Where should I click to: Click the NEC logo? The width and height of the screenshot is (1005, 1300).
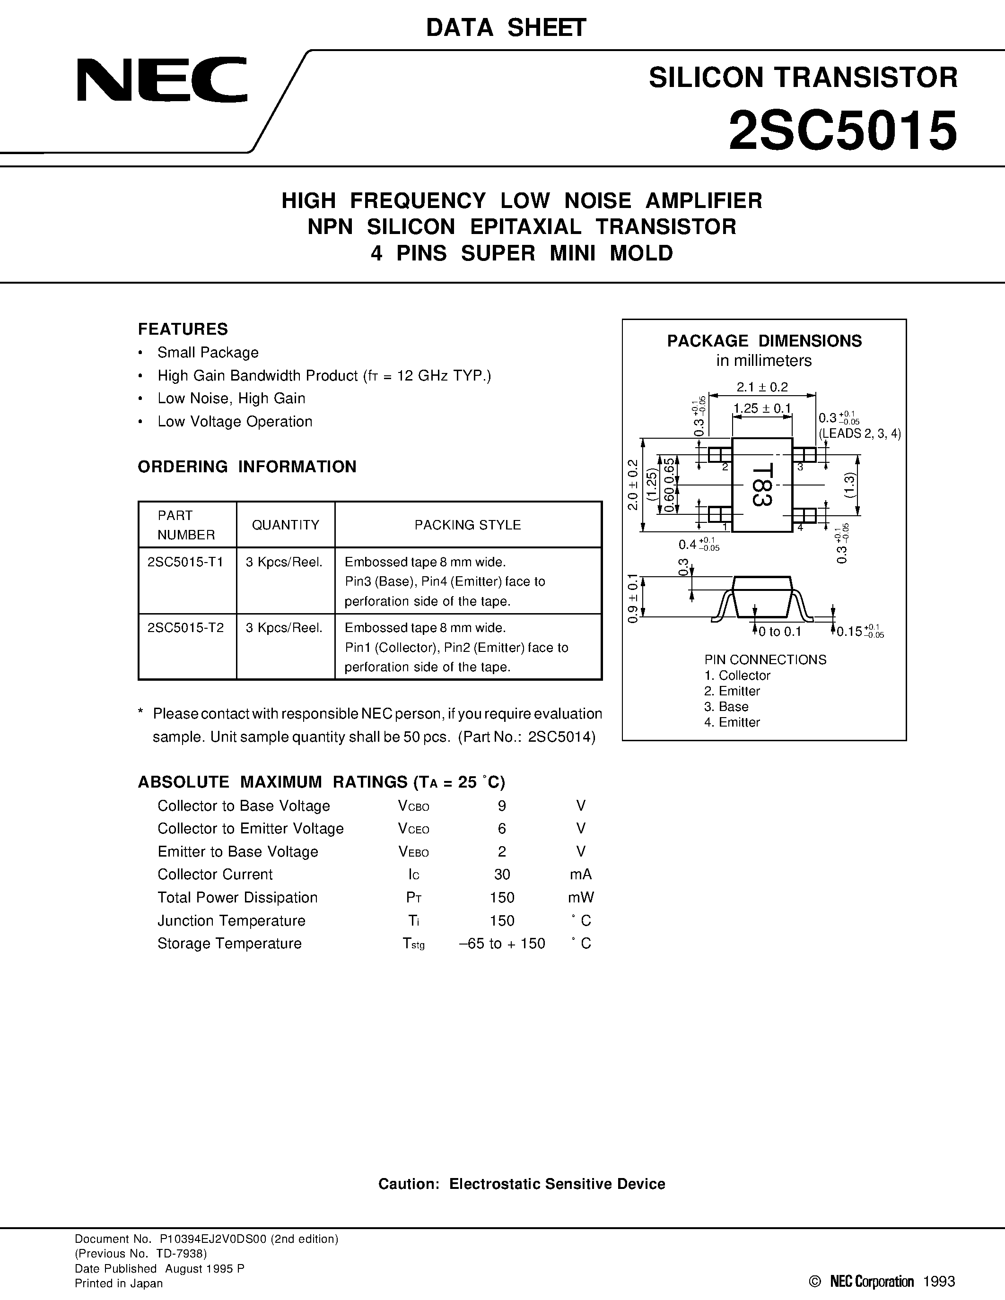(x=161, y=80)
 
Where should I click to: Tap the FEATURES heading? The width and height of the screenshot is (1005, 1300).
(x=183, y=329)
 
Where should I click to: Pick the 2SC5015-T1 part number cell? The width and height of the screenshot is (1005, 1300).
(x=185, y=562)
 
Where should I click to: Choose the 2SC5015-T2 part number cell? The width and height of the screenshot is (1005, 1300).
(x=185, y=627)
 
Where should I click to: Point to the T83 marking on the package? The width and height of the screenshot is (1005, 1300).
(x=761, y=485)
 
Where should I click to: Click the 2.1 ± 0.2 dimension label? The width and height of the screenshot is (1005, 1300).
(x=762, y=387)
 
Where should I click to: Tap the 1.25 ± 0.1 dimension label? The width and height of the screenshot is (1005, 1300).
(x=762, y=408)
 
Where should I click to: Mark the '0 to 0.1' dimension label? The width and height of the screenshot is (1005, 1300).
(x=779, y=632)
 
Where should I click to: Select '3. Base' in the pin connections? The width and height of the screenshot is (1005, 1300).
(x=726, y=707)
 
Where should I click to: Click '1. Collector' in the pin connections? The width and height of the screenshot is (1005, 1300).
(x=737, y=676)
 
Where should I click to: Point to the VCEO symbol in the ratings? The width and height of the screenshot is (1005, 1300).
(x=413, y=829)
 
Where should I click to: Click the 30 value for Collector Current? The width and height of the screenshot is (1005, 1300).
(x=502, y=875)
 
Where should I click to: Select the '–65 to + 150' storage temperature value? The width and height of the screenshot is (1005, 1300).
(x=502, y=944)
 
